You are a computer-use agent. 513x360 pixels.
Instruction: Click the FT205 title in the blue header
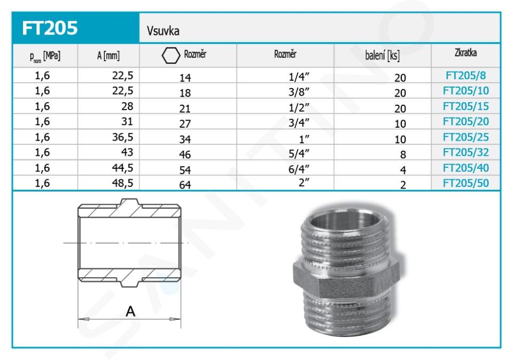(x=50, y=28)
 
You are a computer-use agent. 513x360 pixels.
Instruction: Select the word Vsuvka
(x=163, y=31)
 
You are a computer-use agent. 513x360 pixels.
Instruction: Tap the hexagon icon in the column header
(x=171, y=55)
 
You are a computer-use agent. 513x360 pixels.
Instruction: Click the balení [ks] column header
(x=382, y=56)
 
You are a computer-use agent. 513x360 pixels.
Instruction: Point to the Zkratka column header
(x=465, y=53)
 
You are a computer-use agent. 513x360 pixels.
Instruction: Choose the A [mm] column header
(x=108, y=56)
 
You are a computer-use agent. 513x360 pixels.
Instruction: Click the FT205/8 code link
(x=465, y=75)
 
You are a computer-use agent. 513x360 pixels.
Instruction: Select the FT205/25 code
(x=465, y=137)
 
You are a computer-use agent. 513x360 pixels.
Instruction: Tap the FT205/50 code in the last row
(x=465, y=183)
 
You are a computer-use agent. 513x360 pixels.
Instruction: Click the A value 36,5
(x=123, y=137)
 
